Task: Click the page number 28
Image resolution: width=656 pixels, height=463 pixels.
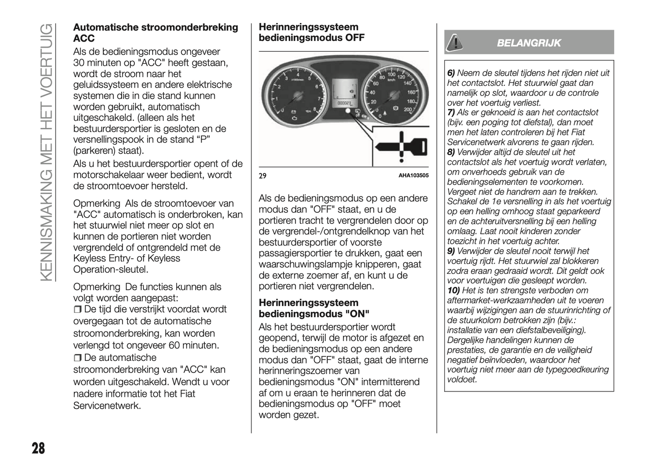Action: [38, 448]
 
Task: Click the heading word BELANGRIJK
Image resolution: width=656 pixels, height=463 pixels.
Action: [528, 43]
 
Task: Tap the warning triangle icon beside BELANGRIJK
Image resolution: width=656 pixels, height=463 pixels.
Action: [454, 43]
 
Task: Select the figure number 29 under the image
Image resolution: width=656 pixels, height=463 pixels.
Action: [262, 176]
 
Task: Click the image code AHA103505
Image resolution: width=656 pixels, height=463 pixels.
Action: [413, 176]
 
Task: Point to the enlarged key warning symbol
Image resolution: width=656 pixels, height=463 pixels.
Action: [400, 147]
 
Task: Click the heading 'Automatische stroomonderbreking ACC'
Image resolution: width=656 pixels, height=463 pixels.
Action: [155, 33]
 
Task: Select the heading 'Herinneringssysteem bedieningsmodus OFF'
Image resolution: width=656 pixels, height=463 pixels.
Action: [311, 32]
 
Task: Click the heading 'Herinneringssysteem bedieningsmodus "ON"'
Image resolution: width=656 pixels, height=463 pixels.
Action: [314, 308]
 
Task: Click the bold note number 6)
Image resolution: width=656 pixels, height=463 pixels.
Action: [451, 73]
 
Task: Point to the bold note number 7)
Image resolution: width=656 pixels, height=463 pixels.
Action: [451, 113]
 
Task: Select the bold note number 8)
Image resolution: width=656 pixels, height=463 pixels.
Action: [451, 152]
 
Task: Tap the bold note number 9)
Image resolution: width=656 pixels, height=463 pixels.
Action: [451, 251]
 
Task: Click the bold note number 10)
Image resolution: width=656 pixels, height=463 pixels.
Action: [453, 291]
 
